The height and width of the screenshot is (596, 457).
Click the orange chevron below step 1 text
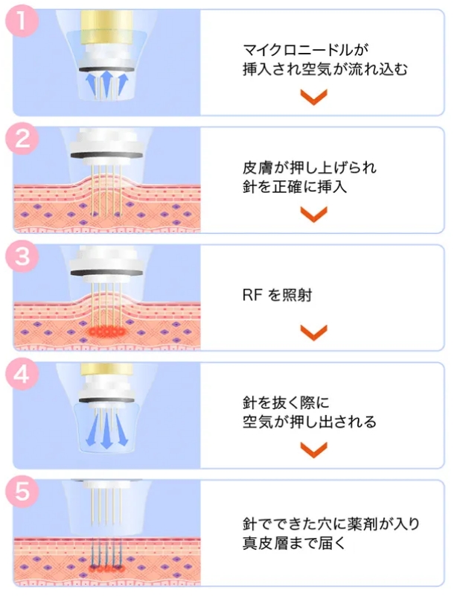(x=313, y=97)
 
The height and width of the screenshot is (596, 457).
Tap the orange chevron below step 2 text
(x=313, y=215)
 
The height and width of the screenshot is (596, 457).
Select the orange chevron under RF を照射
(x=313, y=332)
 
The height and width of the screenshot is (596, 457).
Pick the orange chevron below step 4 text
(x=313, y=449)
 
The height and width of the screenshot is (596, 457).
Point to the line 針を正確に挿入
(x=295, y=186)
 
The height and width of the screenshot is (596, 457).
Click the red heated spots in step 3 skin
(x=106, y=329)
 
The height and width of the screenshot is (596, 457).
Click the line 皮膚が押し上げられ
(x=304, y=166)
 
